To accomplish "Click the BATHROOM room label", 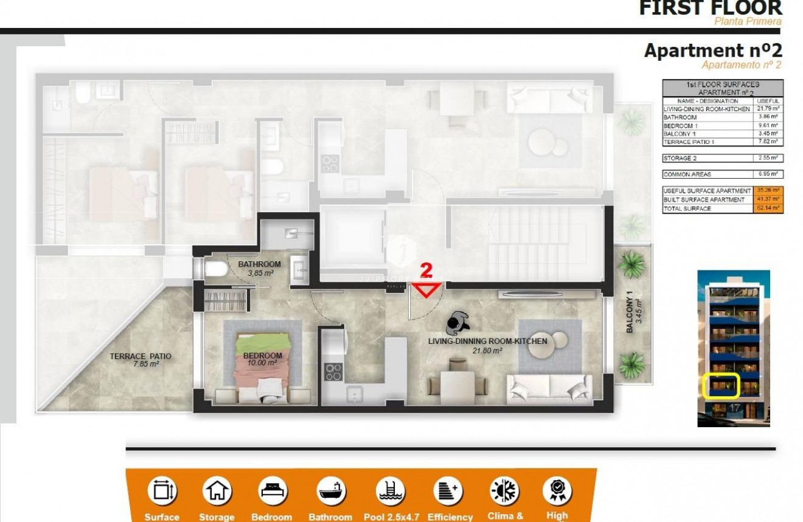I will point(259,264).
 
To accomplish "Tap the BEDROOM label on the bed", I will point(262,355).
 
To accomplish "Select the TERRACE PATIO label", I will point(141,357).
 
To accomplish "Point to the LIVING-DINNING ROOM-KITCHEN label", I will point(487,342).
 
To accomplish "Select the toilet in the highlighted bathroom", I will point(215,269).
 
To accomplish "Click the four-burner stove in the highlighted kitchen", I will point(333,371).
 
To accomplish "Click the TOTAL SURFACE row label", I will point(687,208).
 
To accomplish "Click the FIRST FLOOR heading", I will point(710,8).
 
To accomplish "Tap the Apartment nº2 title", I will point(713,50).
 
